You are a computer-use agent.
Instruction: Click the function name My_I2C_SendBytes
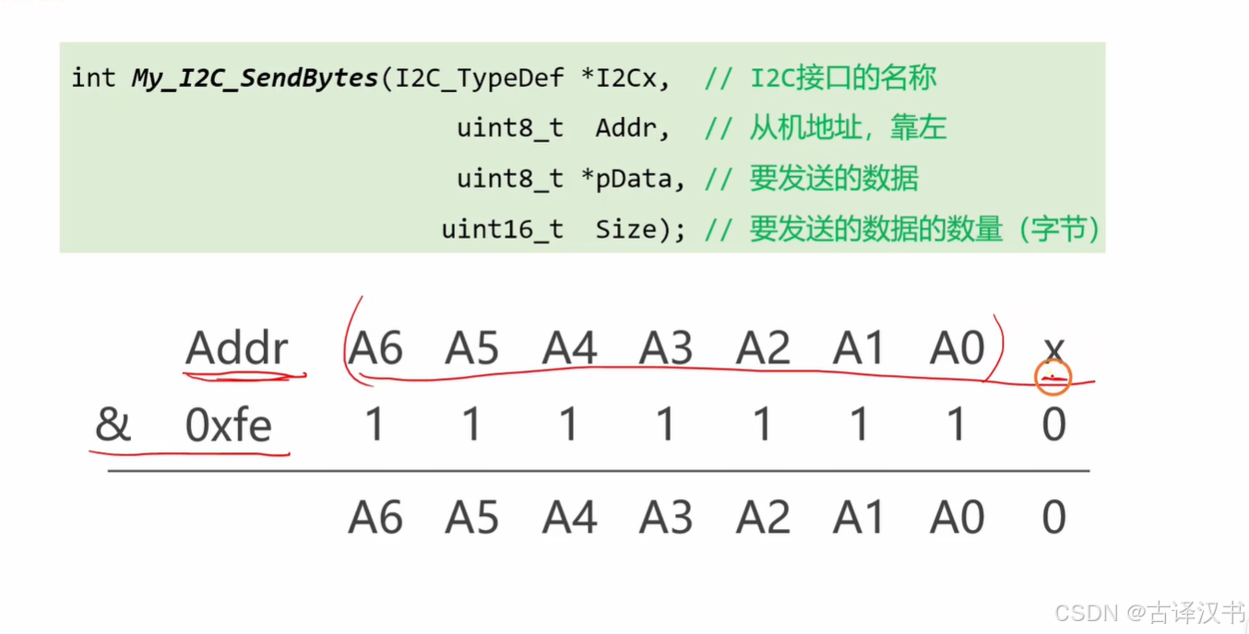click(255, 78)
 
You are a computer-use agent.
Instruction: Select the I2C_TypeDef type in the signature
click(480, 78)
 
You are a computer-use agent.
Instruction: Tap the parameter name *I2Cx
click(625, 78)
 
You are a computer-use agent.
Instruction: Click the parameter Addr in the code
click(632, 128)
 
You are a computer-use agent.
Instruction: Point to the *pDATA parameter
click(633, 179)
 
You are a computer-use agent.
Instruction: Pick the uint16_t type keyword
click(502, 229)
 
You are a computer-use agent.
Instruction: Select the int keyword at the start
click(93, 78)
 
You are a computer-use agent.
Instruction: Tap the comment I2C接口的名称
click(843, 77)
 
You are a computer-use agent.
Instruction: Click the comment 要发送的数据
click(834, 178)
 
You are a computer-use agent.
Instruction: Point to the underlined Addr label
click(237, 349)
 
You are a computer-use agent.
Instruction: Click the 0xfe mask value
click(228, 426)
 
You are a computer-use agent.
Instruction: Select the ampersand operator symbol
click(113, 426)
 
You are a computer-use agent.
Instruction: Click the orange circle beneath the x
click(1053, 376)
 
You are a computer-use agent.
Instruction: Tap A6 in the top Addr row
click(375, 349)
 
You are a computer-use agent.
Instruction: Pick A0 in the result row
click(957, 518)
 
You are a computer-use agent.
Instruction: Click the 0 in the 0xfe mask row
click(1053, 426)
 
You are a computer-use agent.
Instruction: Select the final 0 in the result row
click(1053, 518)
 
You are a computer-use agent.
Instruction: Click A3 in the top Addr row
click(666, 349)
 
